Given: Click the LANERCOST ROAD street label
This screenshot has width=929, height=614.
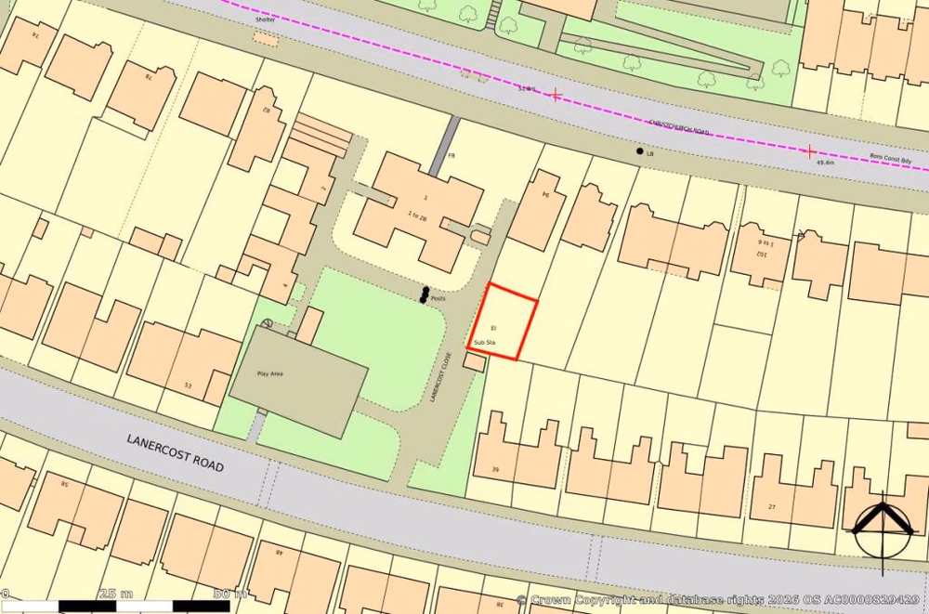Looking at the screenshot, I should [177, 452].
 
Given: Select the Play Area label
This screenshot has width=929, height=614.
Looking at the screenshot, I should [269, 373].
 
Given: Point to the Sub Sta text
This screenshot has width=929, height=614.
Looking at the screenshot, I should [485, 343].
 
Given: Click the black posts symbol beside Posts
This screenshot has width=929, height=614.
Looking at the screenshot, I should [425, 295].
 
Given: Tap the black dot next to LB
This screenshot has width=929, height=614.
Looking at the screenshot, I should [639, 150].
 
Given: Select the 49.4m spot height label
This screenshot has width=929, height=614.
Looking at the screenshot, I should [825, 163].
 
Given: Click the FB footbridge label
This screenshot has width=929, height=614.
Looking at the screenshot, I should [452, 155].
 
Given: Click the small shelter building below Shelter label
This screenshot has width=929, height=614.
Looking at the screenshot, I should [266, 40].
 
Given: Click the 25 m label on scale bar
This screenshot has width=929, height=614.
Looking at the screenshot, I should [116, 594].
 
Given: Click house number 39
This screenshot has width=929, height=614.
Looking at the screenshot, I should [495, 470].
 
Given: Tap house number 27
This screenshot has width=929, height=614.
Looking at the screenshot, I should [771, 506].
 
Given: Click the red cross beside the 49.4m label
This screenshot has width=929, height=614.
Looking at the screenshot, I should [809, 150].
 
